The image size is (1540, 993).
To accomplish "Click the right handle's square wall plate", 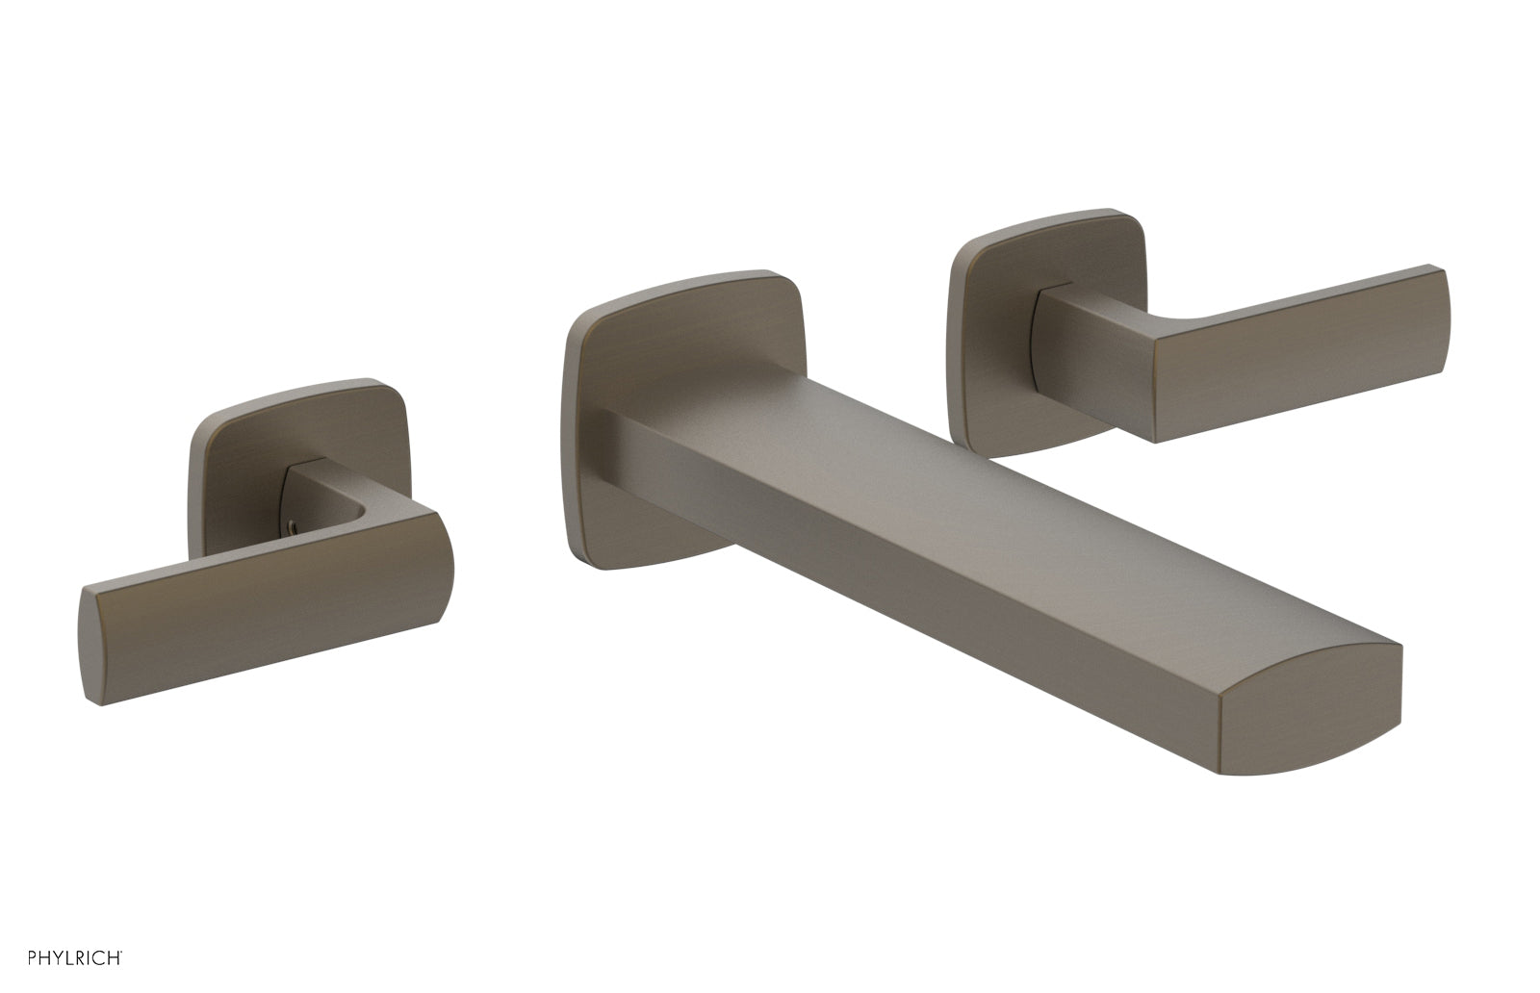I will click(x=991, y=308).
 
